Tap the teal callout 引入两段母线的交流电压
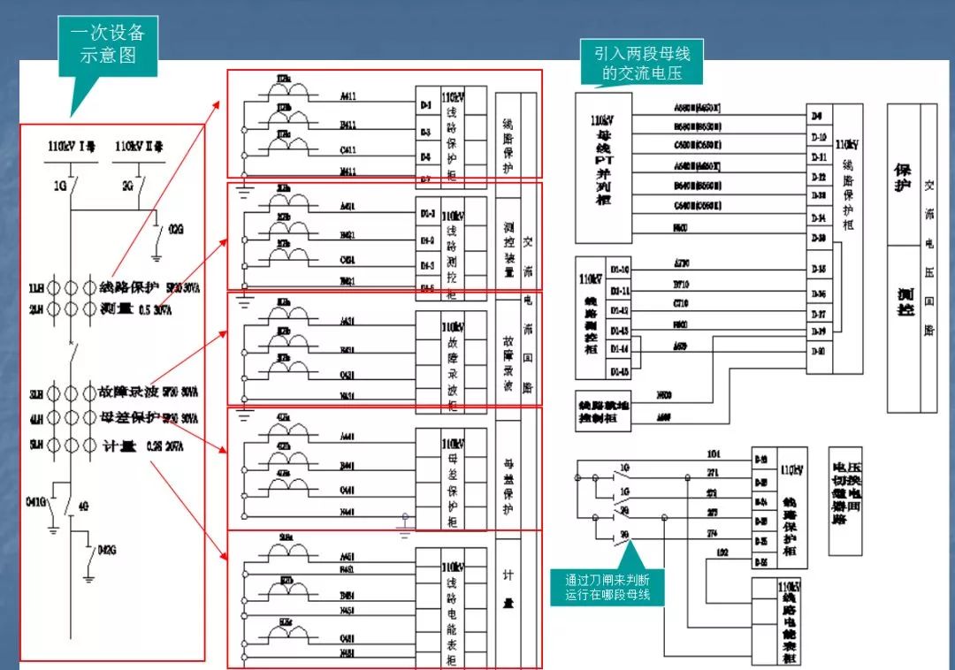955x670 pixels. point(641,63)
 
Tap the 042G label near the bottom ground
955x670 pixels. point(106,550)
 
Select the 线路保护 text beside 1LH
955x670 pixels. point(129,287)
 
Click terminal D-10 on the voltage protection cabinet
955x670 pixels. point(819,137)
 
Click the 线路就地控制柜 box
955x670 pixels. point(603,410)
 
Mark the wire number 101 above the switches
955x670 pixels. point(714,454)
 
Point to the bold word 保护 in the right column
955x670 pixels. point(902,179)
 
